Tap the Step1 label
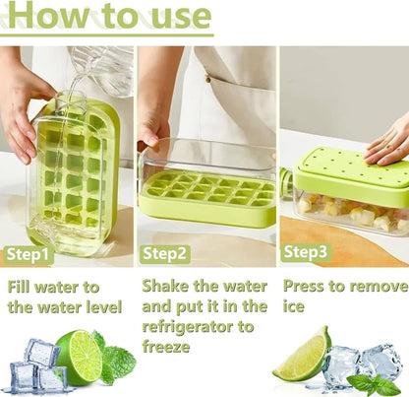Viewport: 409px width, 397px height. (x=29, y=254)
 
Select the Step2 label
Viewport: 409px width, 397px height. (x=166, y=253)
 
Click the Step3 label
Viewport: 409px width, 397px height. (x=307, y=252)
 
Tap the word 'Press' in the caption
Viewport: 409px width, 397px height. (x=309, y=287)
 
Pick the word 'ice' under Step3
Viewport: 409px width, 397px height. (x=295, y=306)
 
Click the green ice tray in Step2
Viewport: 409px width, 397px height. (x=206, y=192)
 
